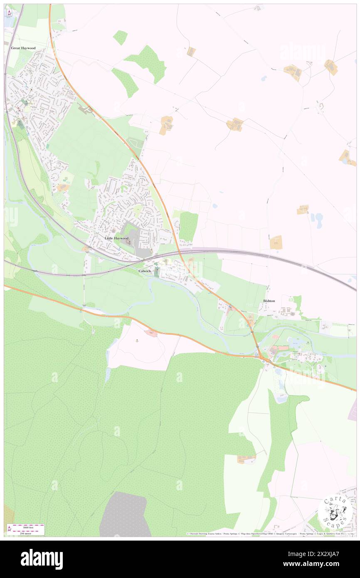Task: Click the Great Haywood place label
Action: [23, 48]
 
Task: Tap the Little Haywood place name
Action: [117, 238]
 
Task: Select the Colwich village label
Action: [145, 271]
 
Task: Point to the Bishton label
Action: [269, 301]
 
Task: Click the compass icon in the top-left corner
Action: [9, 13]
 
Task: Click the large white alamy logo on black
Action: [42, 559]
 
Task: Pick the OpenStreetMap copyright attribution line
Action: [270, 534]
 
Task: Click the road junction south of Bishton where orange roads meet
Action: [264, 358]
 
